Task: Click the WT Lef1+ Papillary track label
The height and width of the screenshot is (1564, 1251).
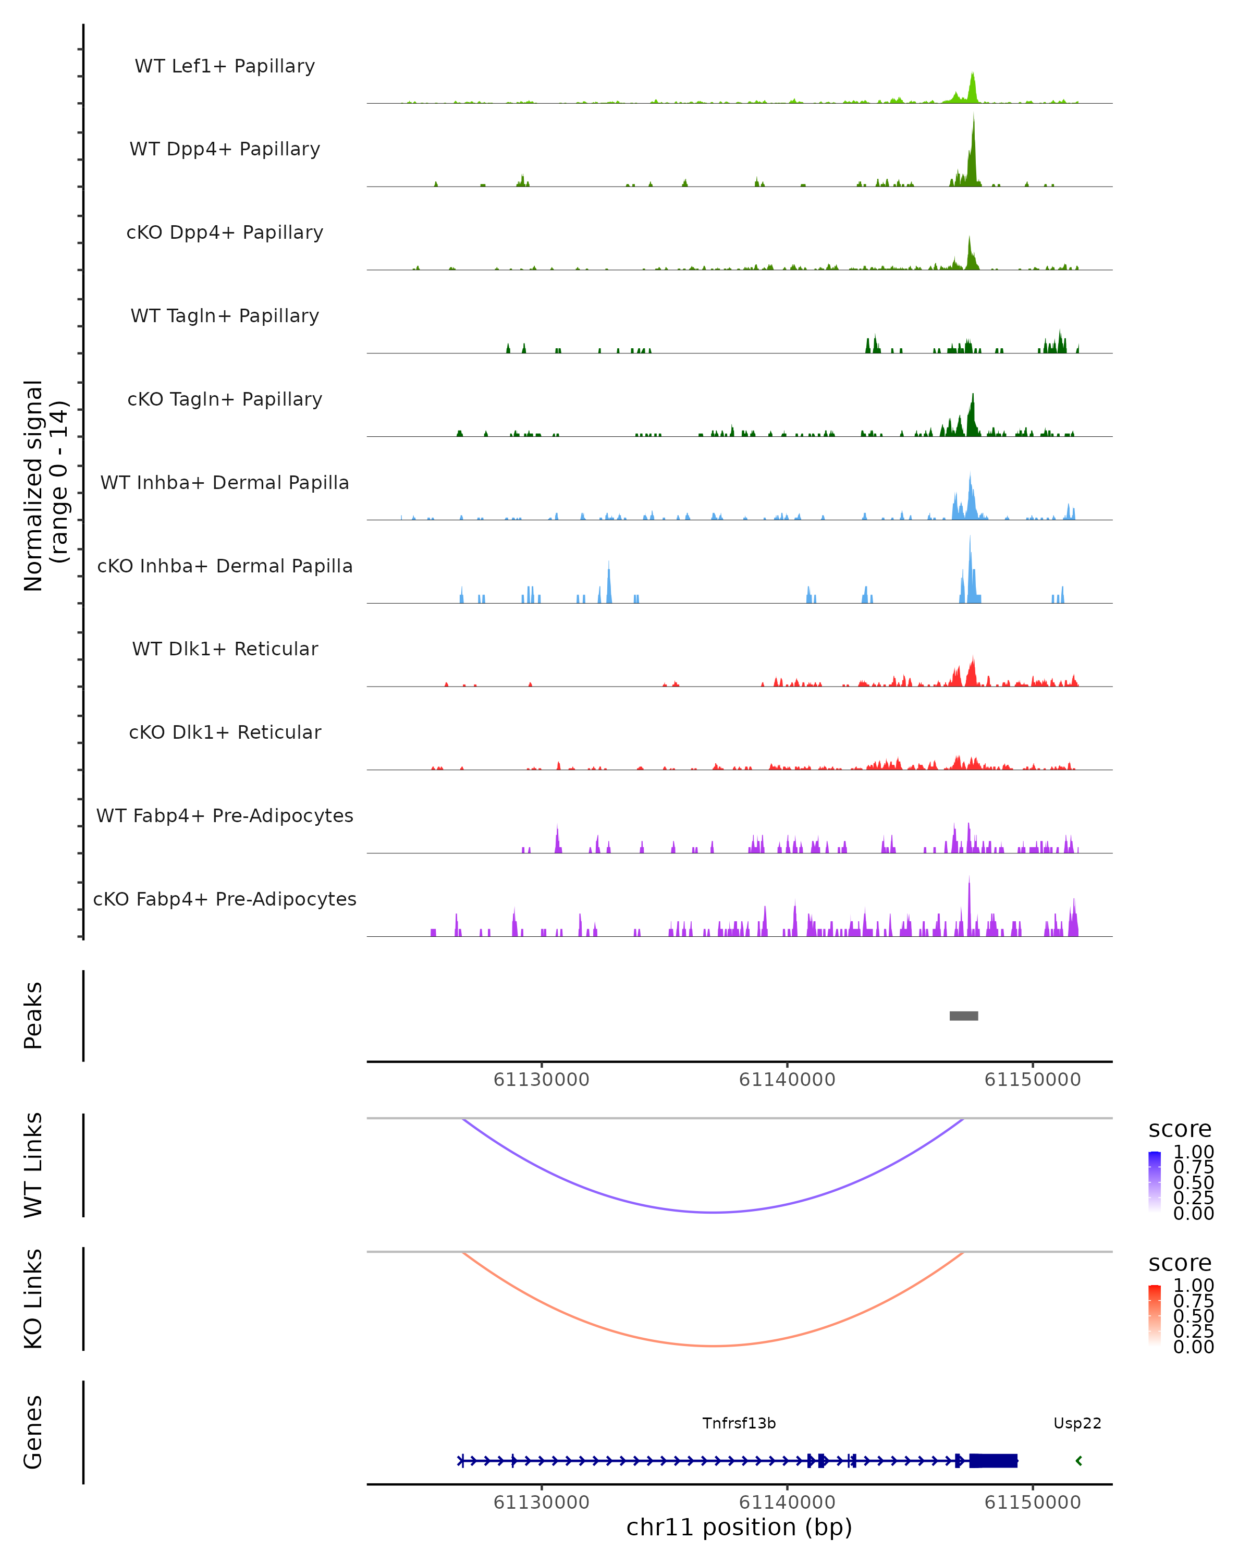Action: click(x=225, y=66)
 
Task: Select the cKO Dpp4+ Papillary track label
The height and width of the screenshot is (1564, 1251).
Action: click(x=225, y=232)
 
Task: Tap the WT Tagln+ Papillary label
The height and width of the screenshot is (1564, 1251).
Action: click(x=225, y=315)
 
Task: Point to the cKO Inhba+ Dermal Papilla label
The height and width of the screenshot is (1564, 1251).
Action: click(x=225, y=566)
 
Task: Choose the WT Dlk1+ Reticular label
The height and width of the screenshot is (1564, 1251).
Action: click(x=225, y=649)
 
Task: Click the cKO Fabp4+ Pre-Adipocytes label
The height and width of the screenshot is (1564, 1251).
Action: click(x=225, y=899)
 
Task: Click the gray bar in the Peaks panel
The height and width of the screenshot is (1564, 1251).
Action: click(x=964, y=1016)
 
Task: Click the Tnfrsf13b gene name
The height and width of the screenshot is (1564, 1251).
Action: click(x=739, y=1423)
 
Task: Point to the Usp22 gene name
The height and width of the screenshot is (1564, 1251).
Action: click(x=1077, y=1423)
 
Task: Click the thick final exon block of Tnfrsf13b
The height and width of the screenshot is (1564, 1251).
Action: click(x=994, y=1461)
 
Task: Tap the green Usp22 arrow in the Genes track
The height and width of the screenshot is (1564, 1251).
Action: click(x=1079, y=1461)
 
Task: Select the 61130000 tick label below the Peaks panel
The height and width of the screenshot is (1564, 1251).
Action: click(x=541, y=1080)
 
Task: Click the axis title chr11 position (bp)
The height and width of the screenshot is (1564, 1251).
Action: click(x=739, y=1528)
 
